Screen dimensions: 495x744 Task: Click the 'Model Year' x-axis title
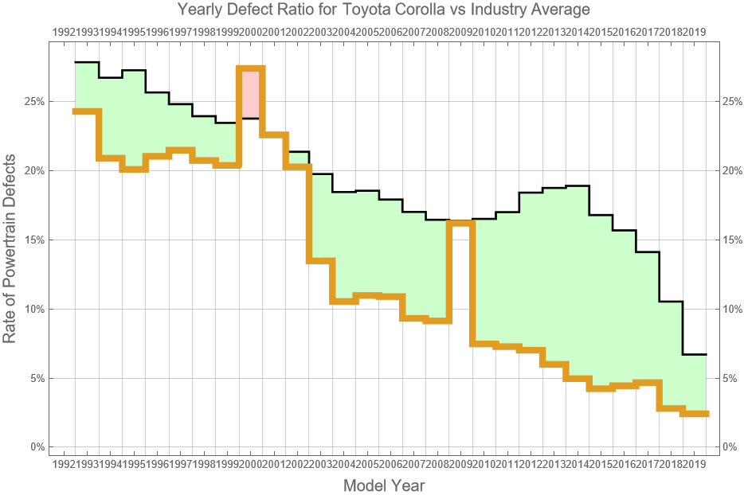(384, 485)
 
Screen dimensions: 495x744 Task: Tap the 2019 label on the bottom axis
(695, 463)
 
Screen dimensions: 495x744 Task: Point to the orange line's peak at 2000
(250, 69)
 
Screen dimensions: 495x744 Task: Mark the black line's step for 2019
(695, 354)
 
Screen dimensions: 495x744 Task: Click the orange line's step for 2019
(695, 414)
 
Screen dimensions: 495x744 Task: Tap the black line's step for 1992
(86, 62)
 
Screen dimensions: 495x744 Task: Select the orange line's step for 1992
(86, 111)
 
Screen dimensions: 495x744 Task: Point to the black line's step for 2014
(578, 185)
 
